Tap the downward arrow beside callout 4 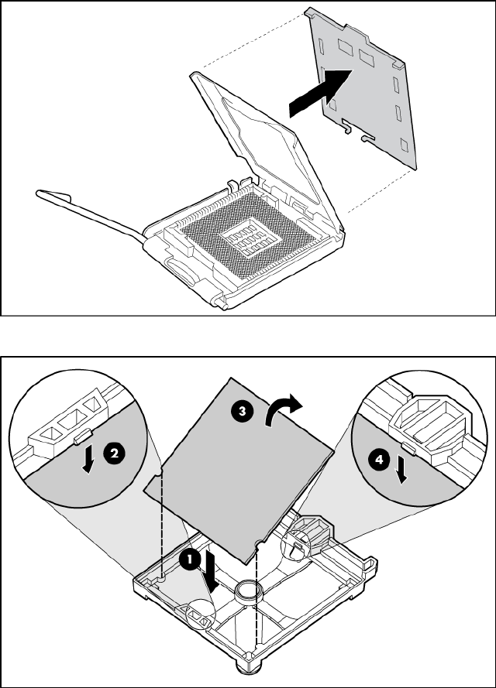click(x=401, y=470)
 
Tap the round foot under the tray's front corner click(x=252, y=667)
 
